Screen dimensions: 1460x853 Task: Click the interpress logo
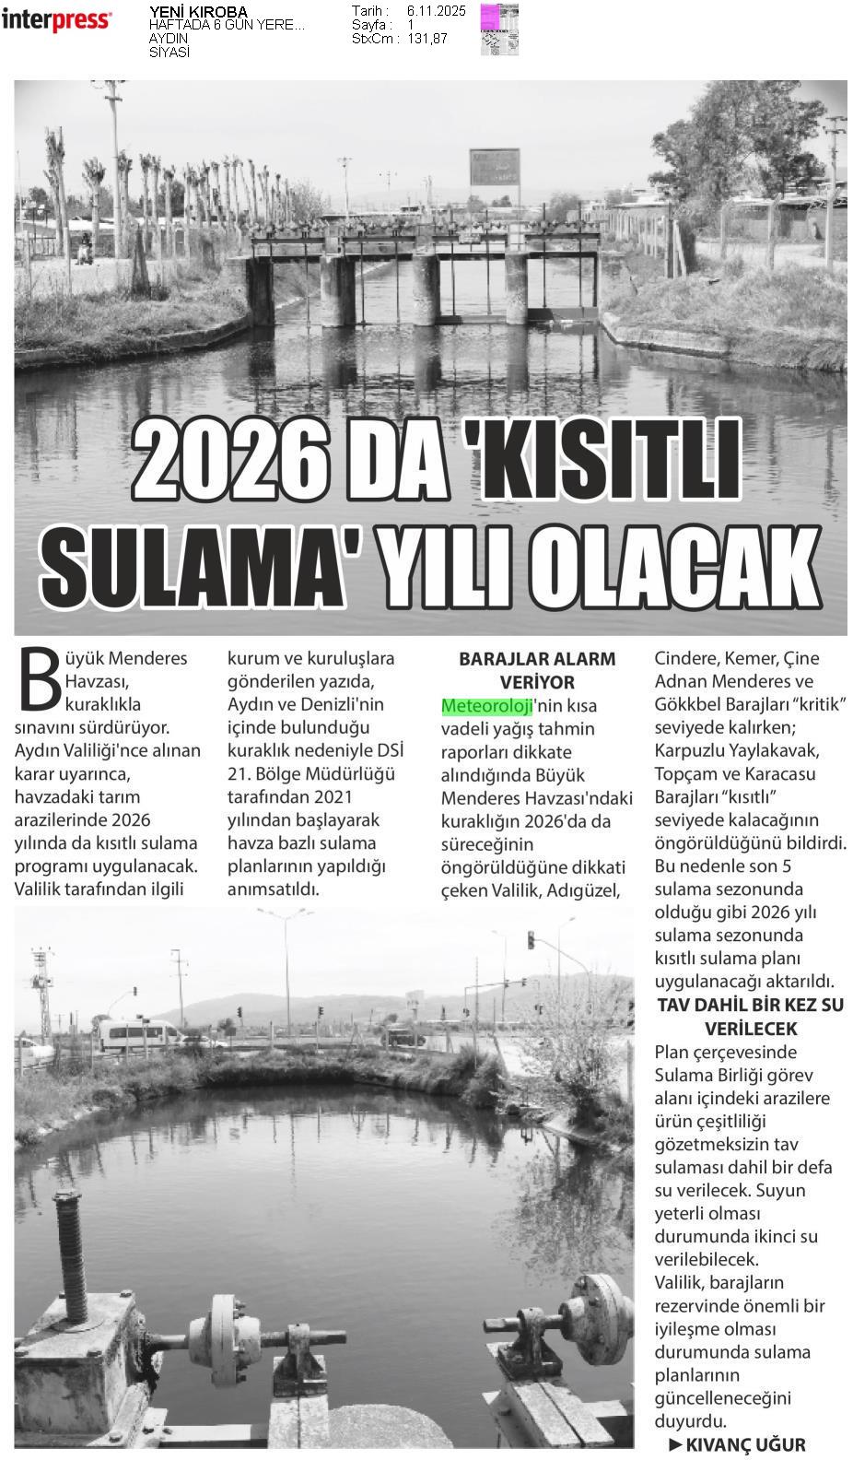pos(56,19)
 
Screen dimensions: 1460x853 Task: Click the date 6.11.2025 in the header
pos(436,11)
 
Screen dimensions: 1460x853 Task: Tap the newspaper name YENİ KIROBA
pos(198,12)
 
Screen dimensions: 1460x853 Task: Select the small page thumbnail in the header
pos(499,29)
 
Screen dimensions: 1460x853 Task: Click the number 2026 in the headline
pos(229,459)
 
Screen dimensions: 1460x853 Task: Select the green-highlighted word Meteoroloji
pos(486,706)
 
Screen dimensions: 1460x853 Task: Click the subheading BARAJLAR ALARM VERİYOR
pos(537,670)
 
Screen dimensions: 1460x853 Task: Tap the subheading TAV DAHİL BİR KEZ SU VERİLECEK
pos(750,1016)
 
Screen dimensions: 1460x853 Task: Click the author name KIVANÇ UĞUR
pos(745,1444)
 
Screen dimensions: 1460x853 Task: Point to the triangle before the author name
pos(675,1444)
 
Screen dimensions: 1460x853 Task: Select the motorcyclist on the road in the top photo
pos(85,249)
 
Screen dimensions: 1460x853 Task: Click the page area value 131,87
pos(427,39)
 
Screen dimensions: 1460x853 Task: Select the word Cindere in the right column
pos(684,658)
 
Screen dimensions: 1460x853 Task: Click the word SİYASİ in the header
pos(169,53)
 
